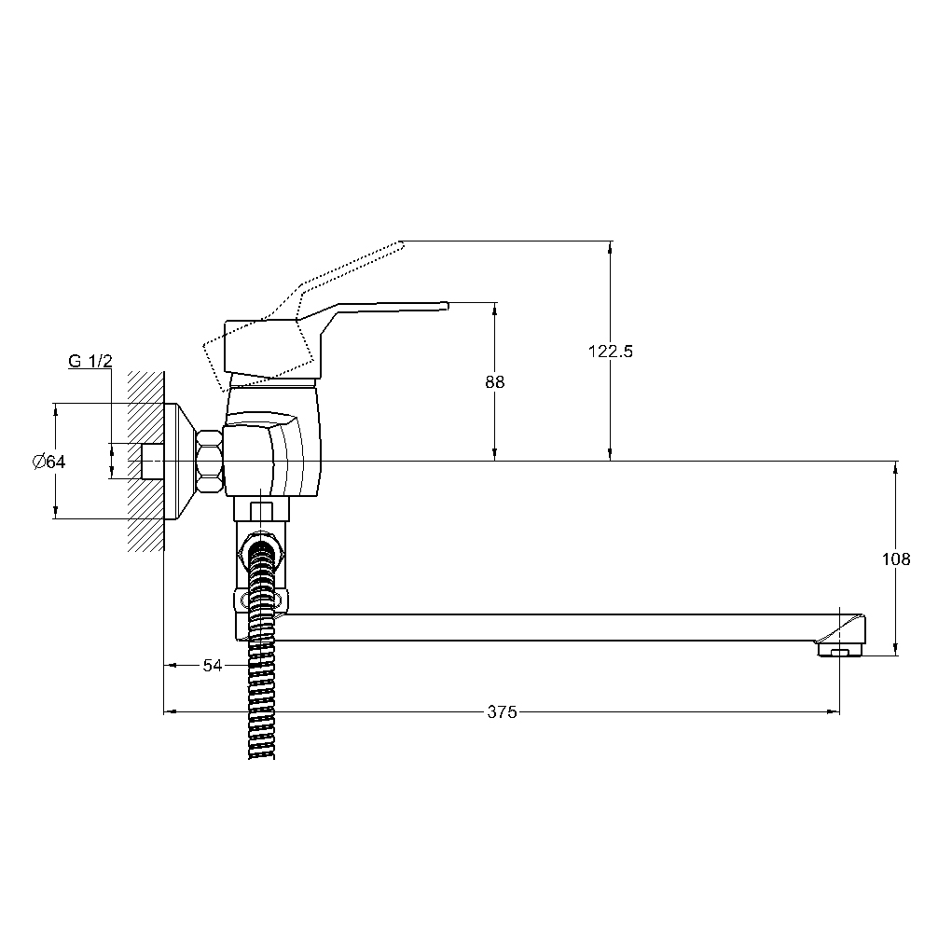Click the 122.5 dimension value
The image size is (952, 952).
pyautogui.click(x=610, y=352)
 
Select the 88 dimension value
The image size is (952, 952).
pyautogui.click(x=495, y=382)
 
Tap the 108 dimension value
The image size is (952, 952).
pyautogui.click(x=896, y=559)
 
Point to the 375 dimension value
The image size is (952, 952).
pyautogui.click(x=502, y=711)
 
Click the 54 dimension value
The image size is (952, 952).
pyautogui.click(x=212, y=666)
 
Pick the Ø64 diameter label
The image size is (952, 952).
pyautogui.click(x=48, y=462)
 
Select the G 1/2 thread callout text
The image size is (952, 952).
pyautogui.click(x=90, y=361)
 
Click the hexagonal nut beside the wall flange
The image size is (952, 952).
pyautogui.click(x=209, y=462)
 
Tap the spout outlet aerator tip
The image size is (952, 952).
pyautogui.click(x=840, y=650)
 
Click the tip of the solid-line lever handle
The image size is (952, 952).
pyautogui.click(x=447, y=306)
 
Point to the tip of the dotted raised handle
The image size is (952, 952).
pyautogui.click(x=401, y=243)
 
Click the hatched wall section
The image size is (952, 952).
pyautogui.click(x=145, y=462)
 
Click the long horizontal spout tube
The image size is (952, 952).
pyautogui.click(x=546, y=628)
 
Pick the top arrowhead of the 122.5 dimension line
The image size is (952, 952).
pyautogui.click(x=610, y=246)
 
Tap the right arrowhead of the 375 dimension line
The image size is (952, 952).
pyautogui.click(x=835, y=711)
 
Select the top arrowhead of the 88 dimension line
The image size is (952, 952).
pyautogui.click(x=495, y=308)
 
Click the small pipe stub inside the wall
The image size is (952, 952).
pyautogui.click(x=153, y=462)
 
